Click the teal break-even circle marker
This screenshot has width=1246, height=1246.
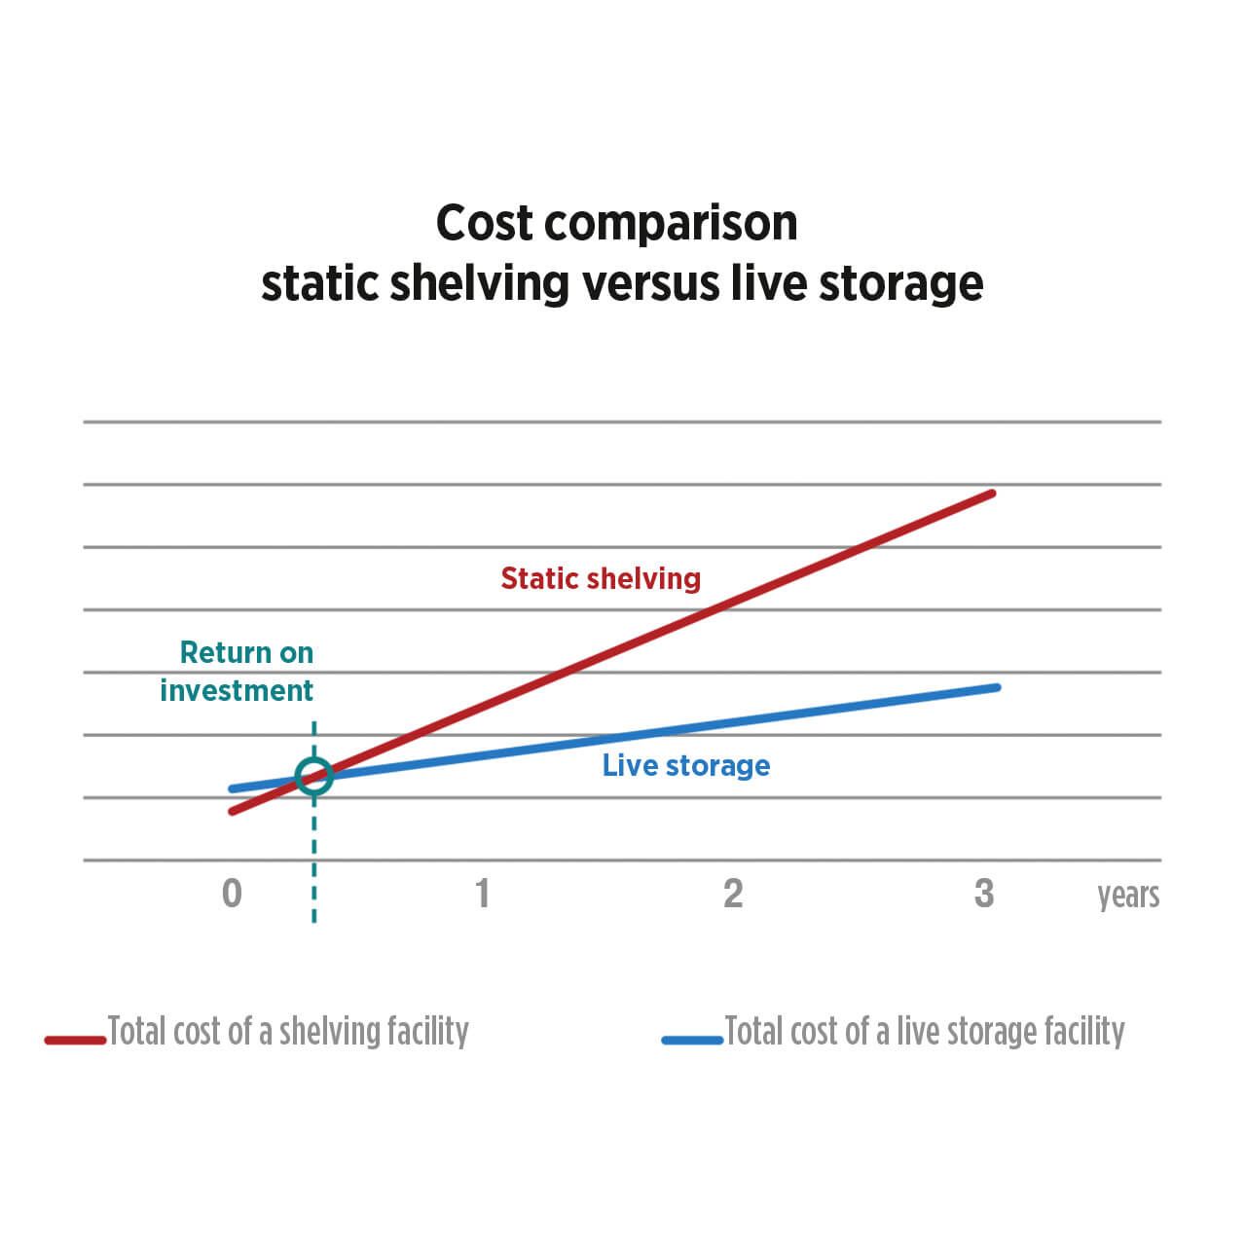pyautogui.click(x=313, y=776)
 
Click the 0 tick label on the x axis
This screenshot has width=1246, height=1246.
pyautogui.click(x=232, y=893)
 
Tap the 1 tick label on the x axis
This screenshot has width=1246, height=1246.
pyautogui.click(x=482, y=893)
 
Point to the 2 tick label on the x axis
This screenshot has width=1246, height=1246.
pyautogui.click(x=733, y=893)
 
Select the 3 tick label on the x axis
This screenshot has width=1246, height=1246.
pyautogui.click(x=984, y=893)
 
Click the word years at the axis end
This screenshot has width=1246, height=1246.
pyautogui.click(x=1128, y=895)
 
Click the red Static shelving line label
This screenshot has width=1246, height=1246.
pyautogui.click(x=601, y=578)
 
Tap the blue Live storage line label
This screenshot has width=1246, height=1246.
pyautogui.click(x=686, y=765)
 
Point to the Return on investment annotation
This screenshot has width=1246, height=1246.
pyautogui.click(x=238, y=671)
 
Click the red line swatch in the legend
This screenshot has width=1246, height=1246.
pyautogui.click(x=75, y=1040)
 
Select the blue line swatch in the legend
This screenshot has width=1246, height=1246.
pyautogui.click(x=692, y=1040)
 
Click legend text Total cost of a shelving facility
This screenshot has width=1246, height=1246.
pyautogui.click(x=288, y=1031)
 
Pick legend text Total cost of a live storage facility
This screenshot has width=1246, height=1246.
pyautogui.click(x=925, y=1031)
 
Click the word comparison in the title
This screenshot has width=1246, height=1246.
pyautogui.click(x=671, y=224)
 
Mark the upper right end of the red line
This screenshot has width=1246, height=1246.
pyautogui.click(x=991, y=494)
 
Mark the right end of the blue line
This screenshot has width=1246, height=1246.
pyautogui.click(x=997, y=687)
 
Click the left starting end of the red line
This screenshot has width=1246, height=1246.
pyautogui.click(x=233, y=811)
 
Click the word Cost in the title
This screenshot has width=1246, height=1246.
pyautogui.click(x=484, y=223)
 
